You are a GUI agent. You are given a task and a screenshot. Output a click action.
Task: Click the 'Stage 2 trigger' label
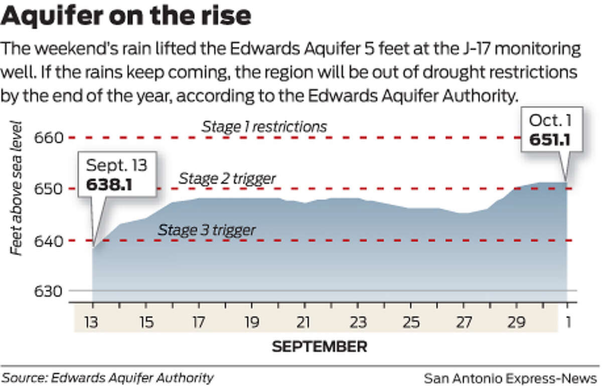click(227, 178)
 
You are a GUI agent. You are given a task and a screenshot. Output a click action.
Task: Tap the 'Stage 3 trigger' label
click(207, 231)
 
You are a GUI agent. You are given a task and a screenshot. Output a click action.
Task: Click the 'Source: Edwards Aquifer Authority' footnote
click(108, 377)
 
